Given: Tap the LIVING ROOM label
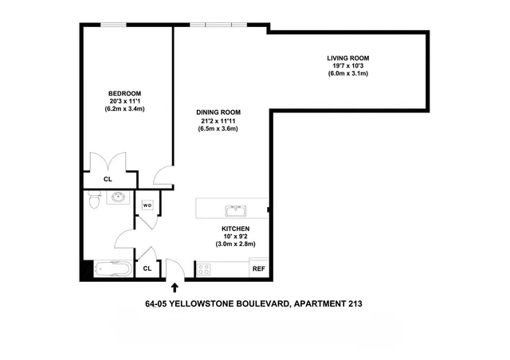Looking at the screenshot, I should click(x=347, y=58).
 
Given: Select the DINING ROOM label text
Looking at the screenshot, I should click(x=218, y=112).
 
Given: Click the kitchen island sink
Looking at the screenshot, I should click(x=234, y=210).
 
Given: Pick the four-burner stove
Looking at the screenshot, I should click(x=203, y=268).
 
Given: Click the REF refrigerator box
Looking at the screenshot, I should click(x=258, y=269).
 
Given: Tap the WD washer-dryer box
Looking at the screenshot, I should click(x=147, y=205).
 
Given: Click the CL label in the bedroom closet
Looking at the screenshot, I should click(x=108, y=179).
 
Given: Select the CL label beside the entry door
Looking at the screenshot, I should click(x=147, y=268).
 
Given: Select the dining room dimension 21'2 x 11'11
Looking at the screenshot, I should click(x=218, y=120).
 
